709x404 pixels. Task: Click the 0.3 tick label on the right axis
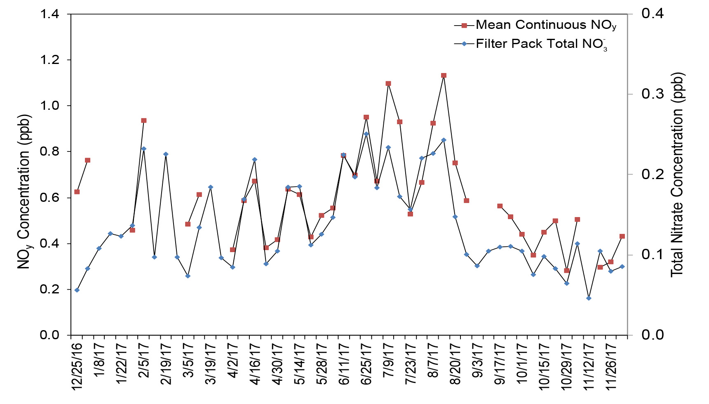point(653,94)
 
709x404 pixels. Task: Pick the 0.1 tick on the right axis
point(653,254)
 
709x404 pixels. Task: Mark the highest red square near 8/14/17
point(444,76)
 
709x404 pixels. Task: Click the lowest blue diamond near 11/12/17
point(589,298)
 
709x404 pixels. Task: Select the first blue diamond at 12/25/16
point(77,290)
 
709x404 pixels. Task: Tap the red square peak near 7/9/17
point(388,83)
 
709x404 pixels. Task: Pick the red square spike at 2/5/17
point(143,120)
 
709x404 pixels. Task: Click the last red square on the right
point(622,236)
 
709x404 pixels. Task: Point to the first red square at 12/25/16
point(77,192)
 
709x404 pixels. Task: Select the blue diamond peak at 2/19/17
point(165,154)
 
